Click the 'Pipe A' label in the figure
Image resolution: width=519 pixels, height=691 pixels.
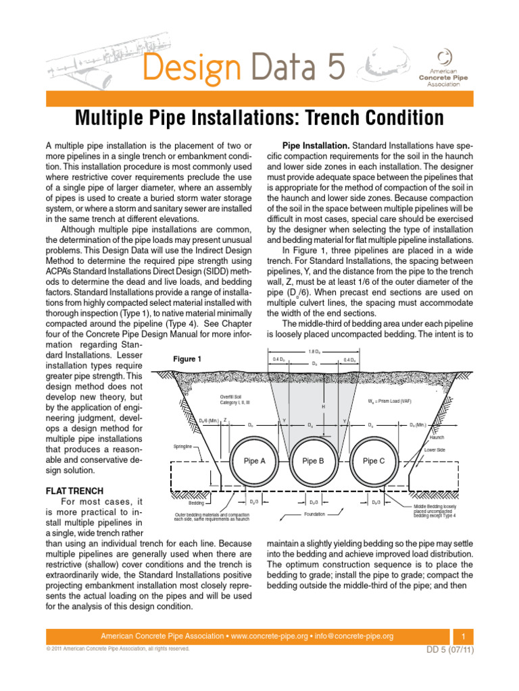point(255,461)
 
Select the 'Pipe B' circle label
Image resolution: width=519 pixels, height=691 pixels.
point(314,461)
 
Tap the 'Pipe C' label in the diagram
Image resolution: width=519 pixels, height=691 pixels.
point(374,461)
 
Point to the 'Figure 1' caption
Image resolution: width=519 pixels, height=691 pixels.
point(188,359)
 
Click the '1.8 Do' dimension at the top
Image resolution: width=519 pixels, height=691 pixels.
point(314,352)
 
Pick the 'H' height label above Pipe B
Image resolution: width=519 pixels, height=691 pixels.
point(324,407)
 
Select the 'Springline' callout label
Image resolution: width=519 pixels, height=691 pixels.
point(186,446)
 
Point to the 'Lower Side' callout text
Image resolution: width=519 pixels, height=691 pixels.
point(435,449)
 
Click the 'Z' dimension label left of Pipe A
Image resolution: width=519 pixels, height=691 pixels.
point(225,420)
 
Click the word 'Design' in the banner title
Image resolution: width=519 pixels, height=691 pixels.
point(182,67)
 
